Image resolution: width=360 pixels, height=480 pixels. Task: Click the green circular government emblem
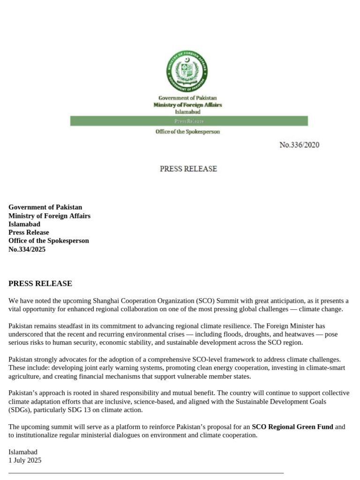point(187,72)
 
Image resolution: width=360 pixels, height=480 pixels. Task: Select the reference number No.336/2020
point(299,145)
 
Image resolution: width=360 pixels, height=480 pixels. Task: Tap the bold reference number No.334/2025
point(27,249)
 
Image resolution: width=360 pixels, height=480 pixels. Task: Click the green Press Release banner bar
point(189,121)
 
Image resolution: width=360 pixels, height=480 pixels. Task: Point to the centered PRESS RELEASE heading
point(188,169)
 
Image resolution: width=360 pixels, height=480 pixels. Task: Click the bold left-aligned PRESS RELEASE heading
point(40,284)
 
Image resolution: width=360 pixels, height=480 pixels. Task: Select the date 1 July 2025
point(25,460)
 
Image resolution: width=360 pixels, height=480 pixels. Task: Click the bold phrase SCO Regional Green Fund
point(292,427)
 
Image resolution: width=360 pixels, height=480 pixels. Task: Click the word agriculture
point(25,376)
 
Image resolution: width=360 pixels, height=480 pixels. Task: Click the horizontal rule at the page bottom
point(146,473)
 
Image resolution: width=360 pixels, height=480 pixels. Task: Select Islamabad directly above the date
point(23,452)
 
